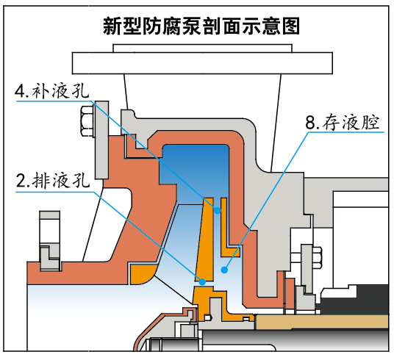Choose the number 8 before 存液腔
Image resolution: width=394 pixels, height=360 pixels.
312,122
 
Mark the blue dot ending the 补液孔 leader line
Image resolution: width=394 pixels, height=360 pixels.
218,210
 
